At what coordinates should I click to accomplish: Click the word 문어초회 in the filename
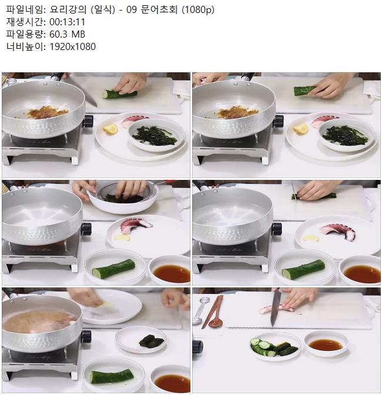159,10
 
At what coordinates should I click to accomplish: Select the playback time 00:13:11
67,22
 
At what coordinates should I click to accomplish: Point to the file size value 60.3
58,34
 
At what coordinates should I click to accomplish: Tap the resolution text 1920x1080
72,46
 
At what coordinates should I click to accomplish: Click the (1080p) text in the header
198,10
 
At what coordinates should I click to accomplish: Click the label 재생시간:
26,22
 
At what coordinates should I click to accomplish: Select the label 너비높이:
26,46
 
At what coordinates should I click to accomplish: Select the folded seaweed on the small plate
152,340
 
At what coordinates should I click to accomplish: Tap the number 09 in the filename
132,10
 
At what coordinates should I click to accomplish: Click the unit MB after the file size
78,34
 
